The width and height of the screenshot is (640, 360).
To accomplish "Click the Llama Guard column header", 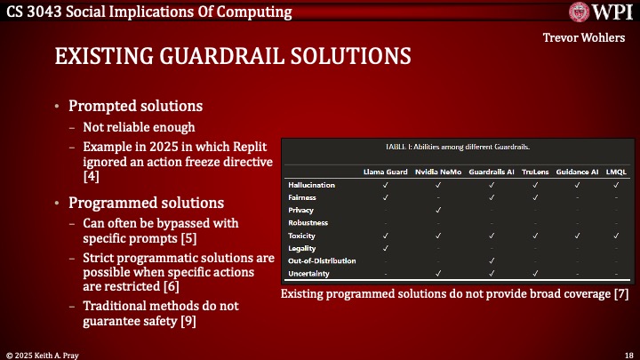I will (385, 169).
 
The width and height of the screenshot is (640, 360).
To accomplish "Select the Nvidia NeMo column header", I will (438, 169).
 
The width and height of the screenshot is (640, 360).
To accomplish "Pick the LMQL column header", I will (616, 169).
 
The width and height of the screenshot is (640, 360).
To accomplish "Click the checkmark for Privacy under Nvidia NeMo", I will (438, 210).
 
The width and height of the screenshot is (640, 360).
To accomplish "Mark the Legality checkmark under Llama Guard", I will (385, 248).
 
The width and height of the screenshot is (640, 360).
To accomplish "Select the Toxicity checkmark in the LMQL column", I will (616, 236).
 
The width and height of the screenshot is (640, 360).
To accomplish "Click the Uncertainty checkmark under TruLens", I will (535, 274).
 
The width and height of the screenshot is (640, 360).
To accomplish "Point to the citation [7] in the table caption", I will (621, 294).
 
